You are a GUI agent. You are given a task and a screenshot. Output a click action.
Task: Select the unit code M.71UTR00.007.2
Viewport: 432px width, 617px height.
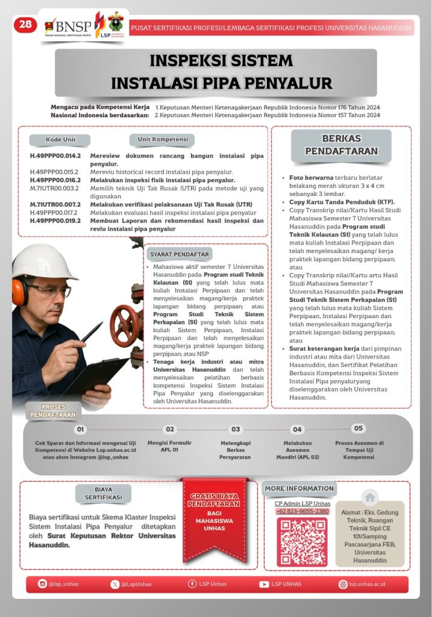coord(55,205)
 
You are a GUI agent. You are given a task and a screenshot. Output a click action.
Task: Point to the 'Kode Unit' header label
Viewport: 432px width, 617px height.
coord(61,140)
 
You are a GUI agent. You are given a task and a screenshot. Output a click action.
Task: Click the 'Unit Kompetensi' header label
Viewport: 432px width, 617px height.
coord(161,140)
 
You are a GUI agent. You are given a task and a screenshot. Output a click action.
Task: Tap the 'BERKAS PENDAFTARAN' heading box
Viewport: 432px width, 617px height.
coord(341,145)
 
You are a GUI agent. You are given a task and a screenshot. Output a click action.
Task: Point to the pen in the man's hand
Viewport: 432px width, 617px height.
coord(92,332)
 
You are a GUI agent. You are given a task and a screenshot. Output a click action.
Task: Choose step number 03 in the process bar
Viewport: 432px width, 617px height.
coord(236,430)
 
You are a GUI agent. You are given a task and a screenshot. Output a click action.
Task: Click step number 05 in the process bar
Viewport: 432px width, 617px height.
coord(358,428)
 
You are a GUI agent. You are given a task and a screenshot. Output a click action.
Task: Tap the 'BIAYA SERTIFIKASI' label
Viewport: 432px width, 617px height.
coord(103,493)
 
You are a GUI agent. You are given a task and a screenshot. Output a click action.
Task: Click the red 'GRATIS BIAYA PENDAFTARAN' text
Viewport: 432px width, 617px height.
coord(215,500)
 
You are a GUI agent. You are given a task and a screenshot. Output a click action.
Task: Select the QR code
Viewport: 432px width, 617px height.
coord(302,542)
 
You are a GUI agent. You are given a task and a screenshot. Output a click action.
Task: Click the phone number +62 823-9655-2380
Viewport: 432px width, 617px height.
coord(302,512)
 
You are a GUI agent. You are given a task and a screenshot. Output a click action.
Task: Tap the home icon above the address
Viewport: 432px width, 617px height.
coord(370,498)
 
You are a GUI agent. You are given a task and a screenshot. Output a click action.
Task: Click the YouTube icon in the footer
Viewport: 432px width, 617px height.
coord(264,584)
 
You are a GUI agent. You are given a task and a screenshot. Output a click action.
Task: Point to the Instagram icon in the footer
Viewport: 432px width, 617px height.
coord(42,584)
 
